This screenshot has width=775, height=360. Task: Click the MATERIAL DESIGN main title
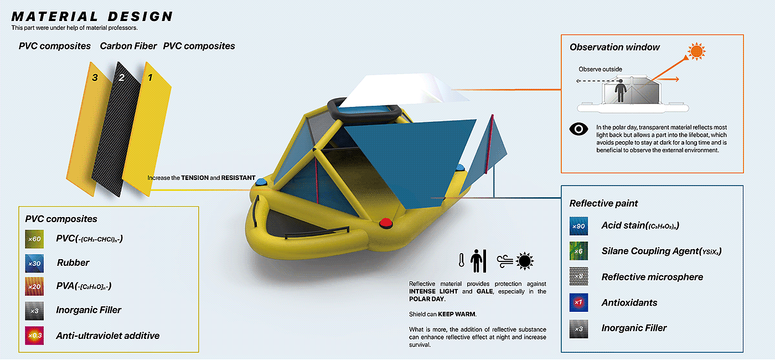coord(92,17)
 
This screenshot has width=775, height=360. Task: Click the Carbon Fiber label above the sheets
coord(128,46)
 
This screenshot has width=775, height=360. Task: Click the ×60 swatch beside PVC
coord(34,239)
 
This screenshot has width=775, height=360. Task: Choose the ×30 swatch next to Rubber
coord(34,263)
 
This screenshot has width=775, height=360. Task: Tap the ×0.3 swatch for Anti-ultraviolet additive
coord(34,336)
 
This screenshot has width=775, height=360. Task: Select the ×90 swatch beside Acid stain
coord(578,226)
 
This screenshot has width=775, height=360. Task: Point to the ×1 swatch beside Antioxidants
coord(578,302)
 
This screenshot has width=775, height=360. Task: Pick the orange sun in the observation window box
coord(695,52)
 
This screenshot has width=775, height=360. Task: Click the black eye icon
coord(578,129)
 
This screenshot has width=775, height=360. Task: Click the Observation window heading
coord(614,47)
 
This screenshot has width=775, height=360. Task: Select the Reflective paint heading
coord(604,203)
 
